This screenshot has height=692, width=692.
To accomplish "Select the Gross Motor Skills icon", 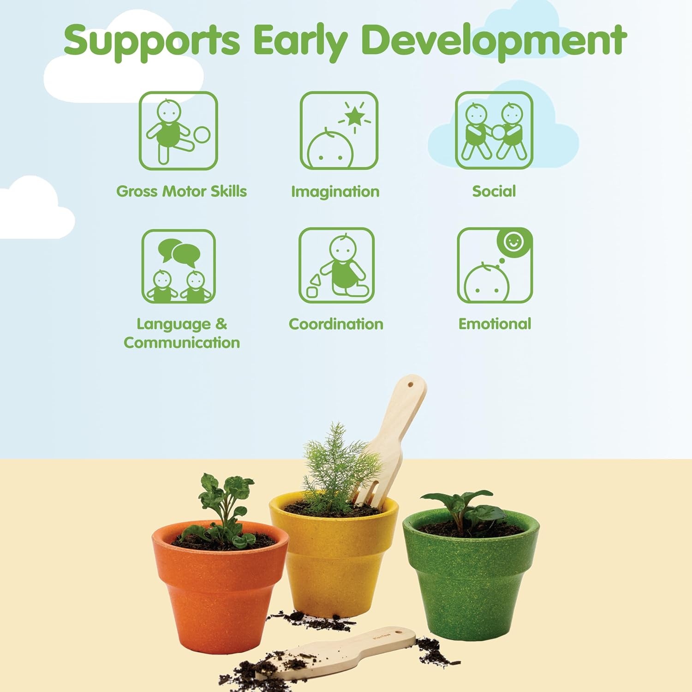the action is click(179, 131).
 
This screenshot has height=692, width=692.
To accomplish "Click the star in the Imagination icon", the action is click(355, 116).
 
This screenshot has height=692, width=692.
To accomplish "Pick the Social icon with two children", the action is click(494, 131).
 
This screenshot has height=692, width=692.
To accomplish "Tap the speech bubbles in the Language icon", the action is click(179, 252).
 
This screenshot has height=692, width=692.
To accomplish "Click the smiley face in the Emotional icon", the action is click(513, 241).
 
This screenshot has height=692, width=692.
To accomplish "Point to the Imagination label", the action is click(335, 191).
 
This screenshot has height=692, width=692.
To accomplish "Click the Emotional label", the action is click(495, 324).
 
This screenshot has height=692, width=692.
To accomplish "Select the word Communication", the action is click(182, 343).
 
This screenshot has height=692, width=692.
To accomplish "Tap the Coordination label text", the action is click(336, 324).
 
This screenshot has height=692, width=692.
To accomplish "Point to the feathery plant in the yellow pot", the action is click(339, 466).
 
